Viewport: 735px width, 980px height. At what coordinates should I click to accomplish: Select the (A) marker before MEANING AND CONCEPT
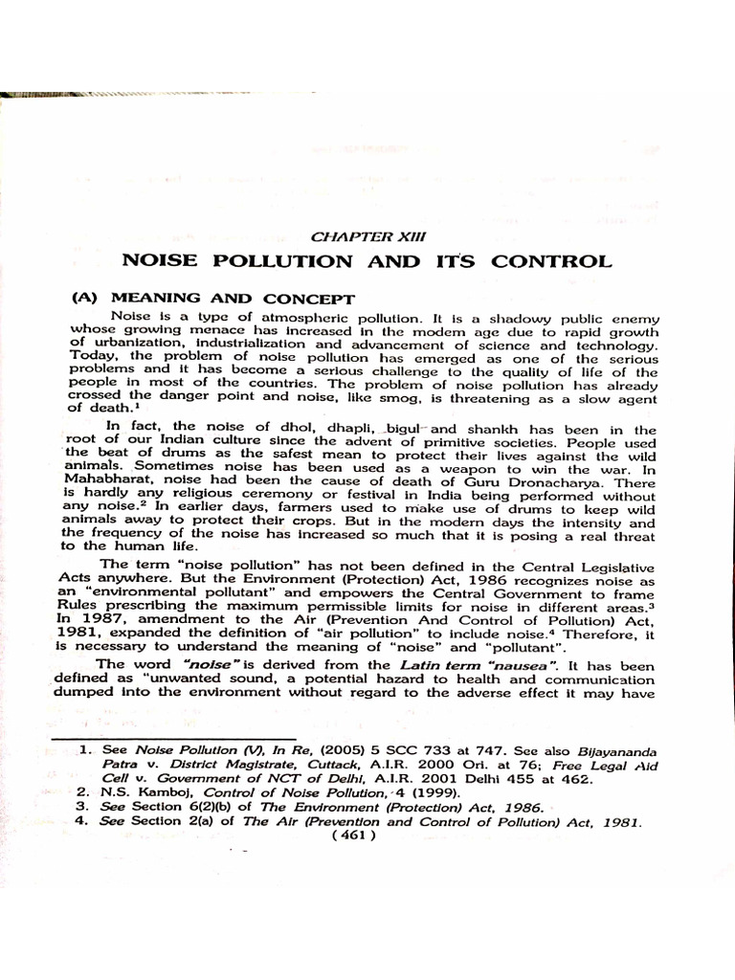pyautogui.click(x=88, y=298)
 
